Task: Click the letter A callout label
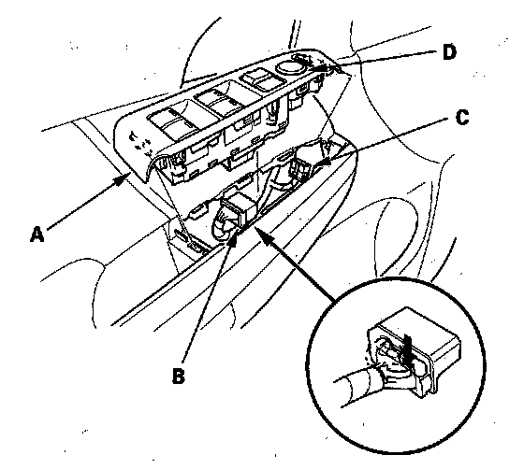pyautogui.click(x=37, y=234)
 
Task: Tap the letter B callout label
pyautogui.click(x=179, y=376)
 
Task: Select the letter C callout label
pyautogui.click(x=462, y=117)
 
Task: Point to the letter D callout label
pyautogui.click(x=449, y=52)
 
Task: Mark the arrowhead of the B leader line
pyautogui.click(x=234, y=238)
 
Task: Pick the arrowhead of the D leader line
pyautogui.click(x=319, y=69)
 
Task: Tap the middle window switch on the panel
pyautogui.click(x=215, y=99)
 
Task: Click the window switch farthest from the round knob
pyautogui.click(x=170, y=121)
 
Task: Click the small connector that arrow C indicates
pyautogui.click(x=298, y=168)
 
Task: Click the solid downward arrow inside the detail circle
pyautogui.click(x=407, y=351)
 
